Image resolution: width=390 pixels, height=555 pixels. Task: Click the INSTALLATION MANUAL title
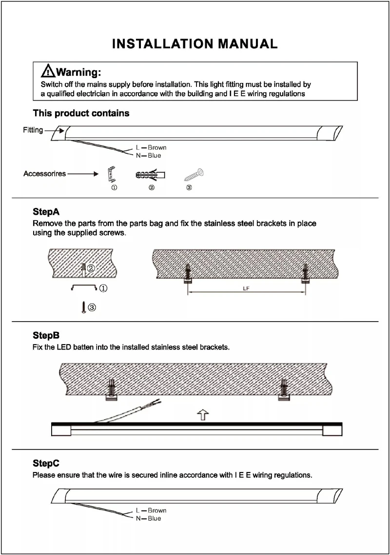pyautogui.click(x=195, y=44)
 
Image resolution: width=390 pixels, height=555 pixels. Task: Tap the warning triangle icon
pyautogui.click(x=48, y=71)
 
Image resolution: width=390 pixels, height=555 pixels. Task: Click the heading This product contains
pyautogui.click(x=81, y=113)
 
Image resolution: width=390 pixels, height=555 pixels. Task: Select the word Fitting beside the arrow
pyautogui.click(x=33, y=130)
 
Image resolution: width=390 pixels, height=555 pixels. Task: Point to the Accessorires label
pyautogui.click(x=44, y=174)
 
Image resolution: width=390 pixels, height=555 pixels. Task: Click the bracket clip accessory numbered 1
pyautogui.click(x=112, y=173)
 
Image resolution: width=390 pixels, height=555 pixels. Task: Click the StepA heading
pyautogui.click(x=46, y=212)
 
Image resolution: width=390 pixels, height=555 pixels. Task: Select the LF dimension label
pyautogui.click(x=246, y=288)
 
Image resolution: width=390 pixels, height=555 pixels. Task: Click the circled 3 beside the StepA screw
pyautogui.click(x=92, y=307)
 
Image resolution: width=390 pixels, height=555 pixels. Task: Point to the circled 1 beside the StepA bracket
pyautogui.click(x=103, y=288)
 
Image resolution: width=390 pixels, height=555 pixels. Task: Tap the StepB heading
pyautogui.click(x=46, y=336)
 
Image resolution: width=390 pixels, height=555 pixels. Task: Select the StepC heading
pyautogui.click(x=46, y=463)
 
